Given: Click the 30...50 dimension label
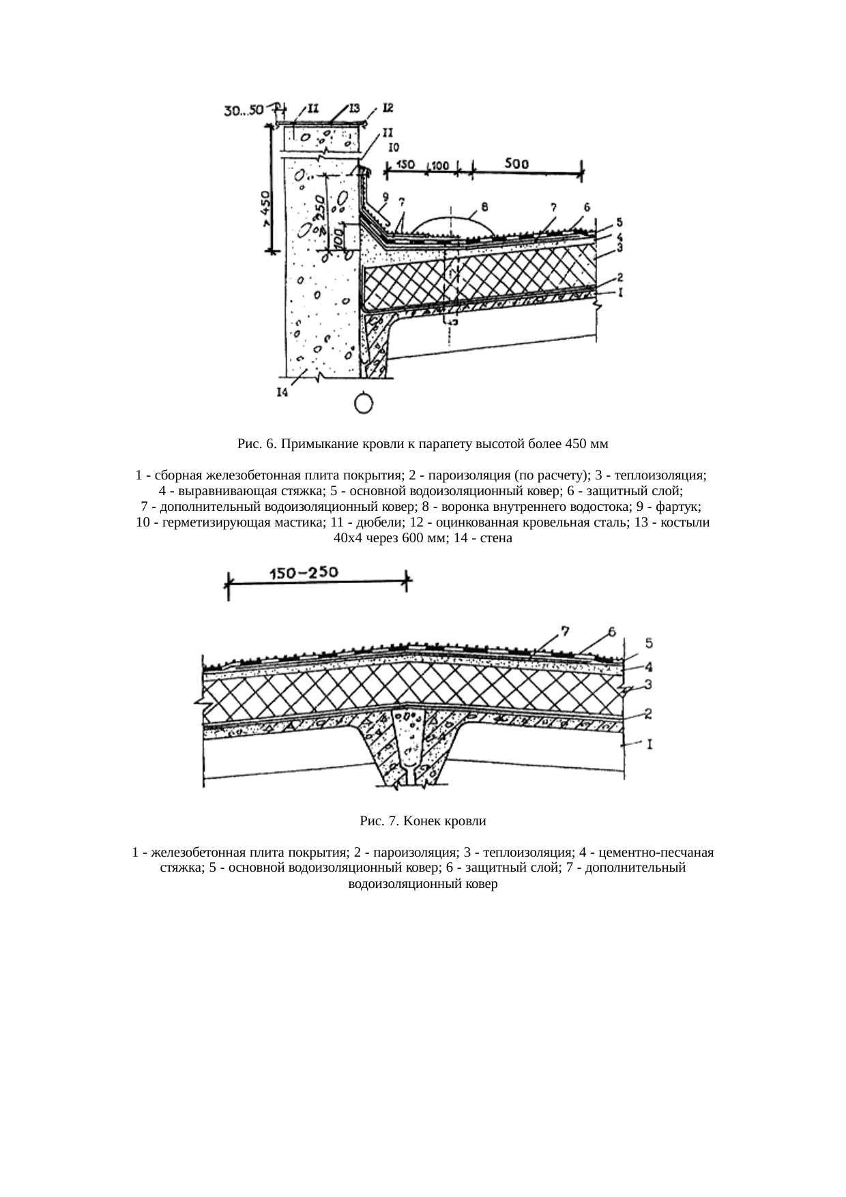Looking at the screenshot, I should tap(245, 110).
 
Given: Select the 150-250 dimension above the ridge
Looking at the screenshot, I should tap(304, 574).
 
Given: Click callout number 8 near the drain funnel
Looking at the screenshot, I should tap(484, 205).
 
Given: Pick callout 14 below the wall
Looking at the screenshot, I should tap(281, 392).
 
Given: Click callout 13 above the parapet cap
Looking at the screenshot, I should tap(355, 108).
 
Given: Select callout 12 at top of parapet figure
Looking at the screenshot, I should tap(388, 108).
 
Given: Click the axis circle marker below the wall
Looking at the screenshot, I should tap(364, 403).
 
